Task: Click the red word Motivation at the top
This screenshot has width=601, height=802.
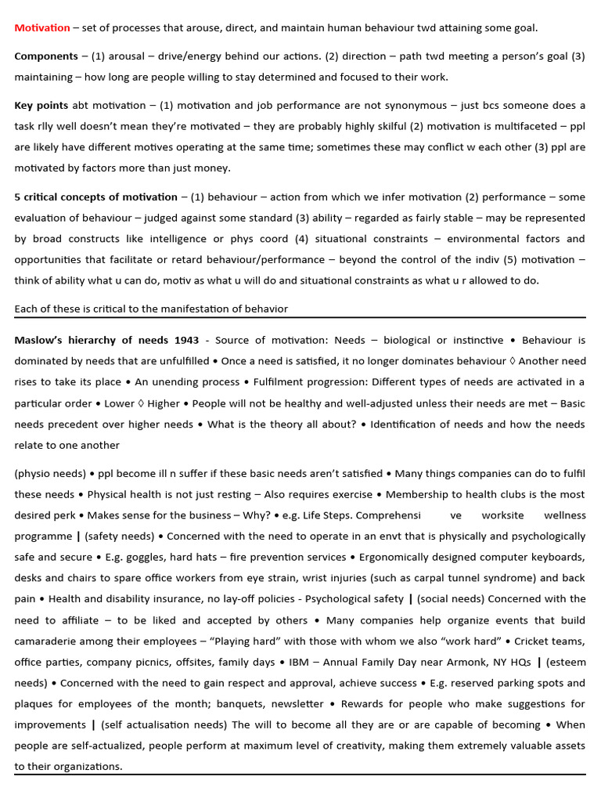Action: click(42, 27)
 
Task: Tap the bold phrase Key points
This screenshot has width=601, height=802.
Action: click(41, 105)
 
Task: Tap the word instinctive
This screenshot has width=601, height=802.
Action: click(477, 340)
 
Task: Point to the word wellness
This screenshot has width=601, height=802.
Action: click(564, 515)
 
